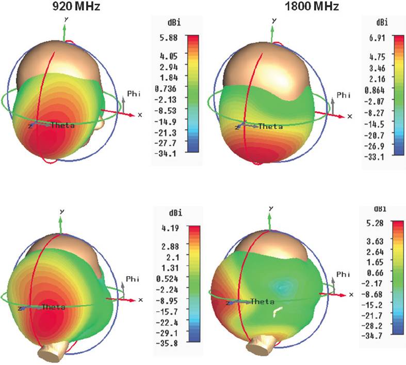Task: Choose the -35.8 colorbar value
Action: [x=169, y=343]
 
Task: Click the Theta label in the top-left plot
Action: [x=63, y=126]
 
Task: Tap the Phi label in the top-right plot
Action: [x=343, y=95]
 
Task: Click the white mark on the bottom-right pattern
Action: [x=278, y=311]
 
